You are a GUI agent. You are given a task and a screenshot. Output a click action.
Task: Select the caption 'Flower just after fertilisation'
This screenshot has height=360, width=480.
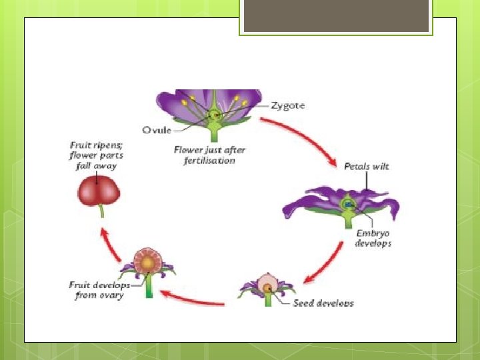[205, 155]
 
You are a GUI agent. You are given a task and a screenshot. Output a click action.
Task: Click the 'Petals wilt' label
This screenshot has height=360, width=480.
[366, 166]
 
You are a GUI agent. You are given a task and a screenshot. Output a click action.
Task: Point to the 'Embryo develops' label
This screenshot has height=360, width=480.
[373, 238]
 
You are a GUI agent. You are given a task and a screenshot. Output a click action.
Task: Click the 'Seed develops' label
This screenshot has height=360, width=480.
[323, 303]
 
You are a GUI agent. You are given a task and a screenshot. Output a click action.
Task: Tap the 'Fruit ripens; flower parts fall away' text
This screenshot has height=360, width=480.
[96, 155]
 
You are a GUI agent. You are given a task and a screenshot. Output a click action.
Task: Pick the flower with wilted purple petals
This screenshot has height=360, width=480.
[343, 203]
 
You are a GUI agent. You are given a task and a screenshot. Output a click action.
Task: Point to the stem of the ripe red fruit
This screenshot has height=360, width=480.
[101, 211]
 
